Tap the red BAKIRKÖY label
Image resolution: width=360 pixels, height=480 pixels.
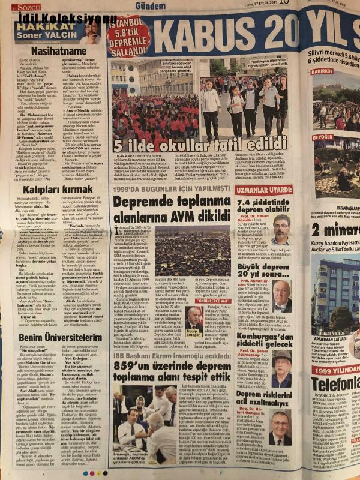(322, 71)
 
